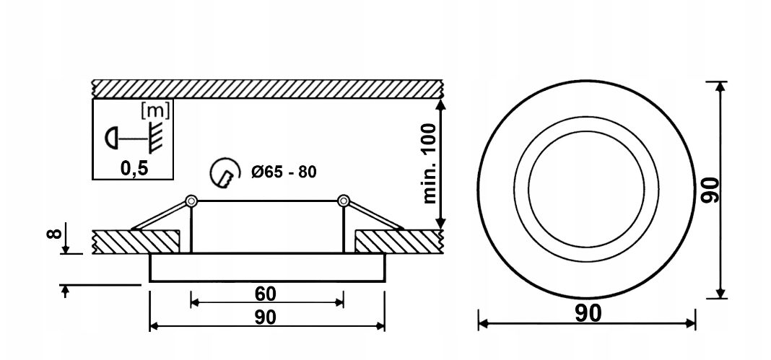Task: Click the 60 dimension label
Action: (266, 294)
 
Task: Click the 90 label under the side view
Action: (266, 317)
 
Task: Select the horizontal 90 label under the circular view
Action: (588, 313)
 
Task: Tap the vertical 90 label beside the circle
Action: (710, 190)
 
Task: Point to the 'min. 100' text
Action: (430, 164)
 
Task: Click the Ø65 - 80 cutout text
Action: (284, 172)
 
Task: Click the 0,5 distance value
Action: (134, 169)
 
